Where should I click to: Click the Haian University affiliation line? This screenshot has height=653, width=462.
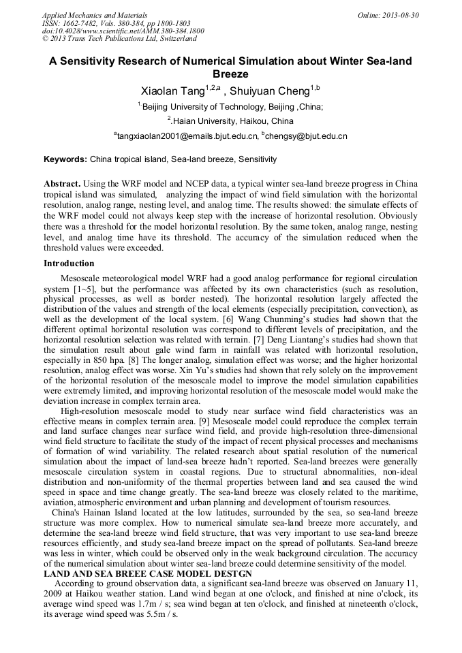tap(232, 121)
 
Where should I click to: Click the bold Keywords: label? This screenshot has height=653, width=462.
tap(65, 159)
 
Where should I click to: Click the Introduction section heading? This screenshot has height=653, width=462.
tap(69, 263)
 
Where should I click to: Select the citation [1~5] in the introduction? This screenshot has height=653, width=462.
tap(87, 289)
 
